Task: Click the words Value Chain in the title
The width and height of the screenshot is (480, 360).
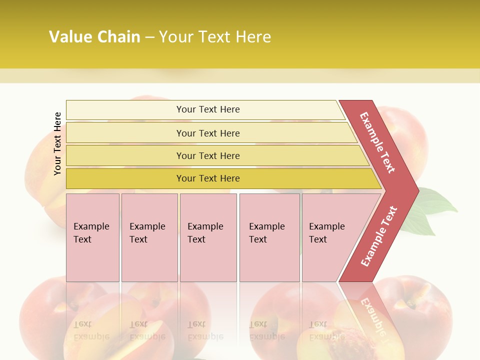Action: point(94,37)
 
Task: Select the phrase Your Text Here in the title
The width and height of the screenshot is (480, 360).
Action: point(214,37)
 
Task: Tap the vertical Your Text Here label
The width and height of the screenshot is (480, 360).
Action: point(57,143)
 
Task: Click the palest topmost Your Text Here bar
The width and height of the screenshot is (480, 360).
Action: point(207,109)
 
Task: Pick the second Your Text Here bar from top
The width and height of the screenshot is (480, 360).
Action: point(207,133)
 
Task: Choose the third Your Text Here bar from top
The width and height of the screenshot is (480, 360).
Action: point(207,155)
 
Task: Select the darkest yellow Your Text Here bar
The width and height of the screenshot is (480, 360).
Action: point(207,178)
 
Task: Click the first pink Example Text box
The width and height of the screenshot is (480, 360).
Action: point(92,237)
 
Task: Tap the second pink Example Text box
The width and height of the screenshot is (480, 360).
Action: point(149,237)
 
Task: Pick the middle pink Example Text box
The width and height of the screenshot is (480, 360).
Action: point(208,237)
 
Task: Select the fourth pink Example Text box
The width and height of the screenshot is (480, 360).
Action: point(269,237)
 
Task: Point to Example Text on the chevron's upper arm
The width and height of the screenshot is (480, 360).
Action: point(377,142)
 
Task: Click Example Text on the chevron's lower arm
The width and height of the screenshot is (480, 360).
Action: point(379,236)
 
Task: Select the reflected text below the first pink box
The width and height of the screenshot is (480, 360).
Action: point(91,330)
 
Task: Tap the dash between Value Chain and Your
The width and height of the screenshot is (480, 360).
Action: point(149,37)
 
